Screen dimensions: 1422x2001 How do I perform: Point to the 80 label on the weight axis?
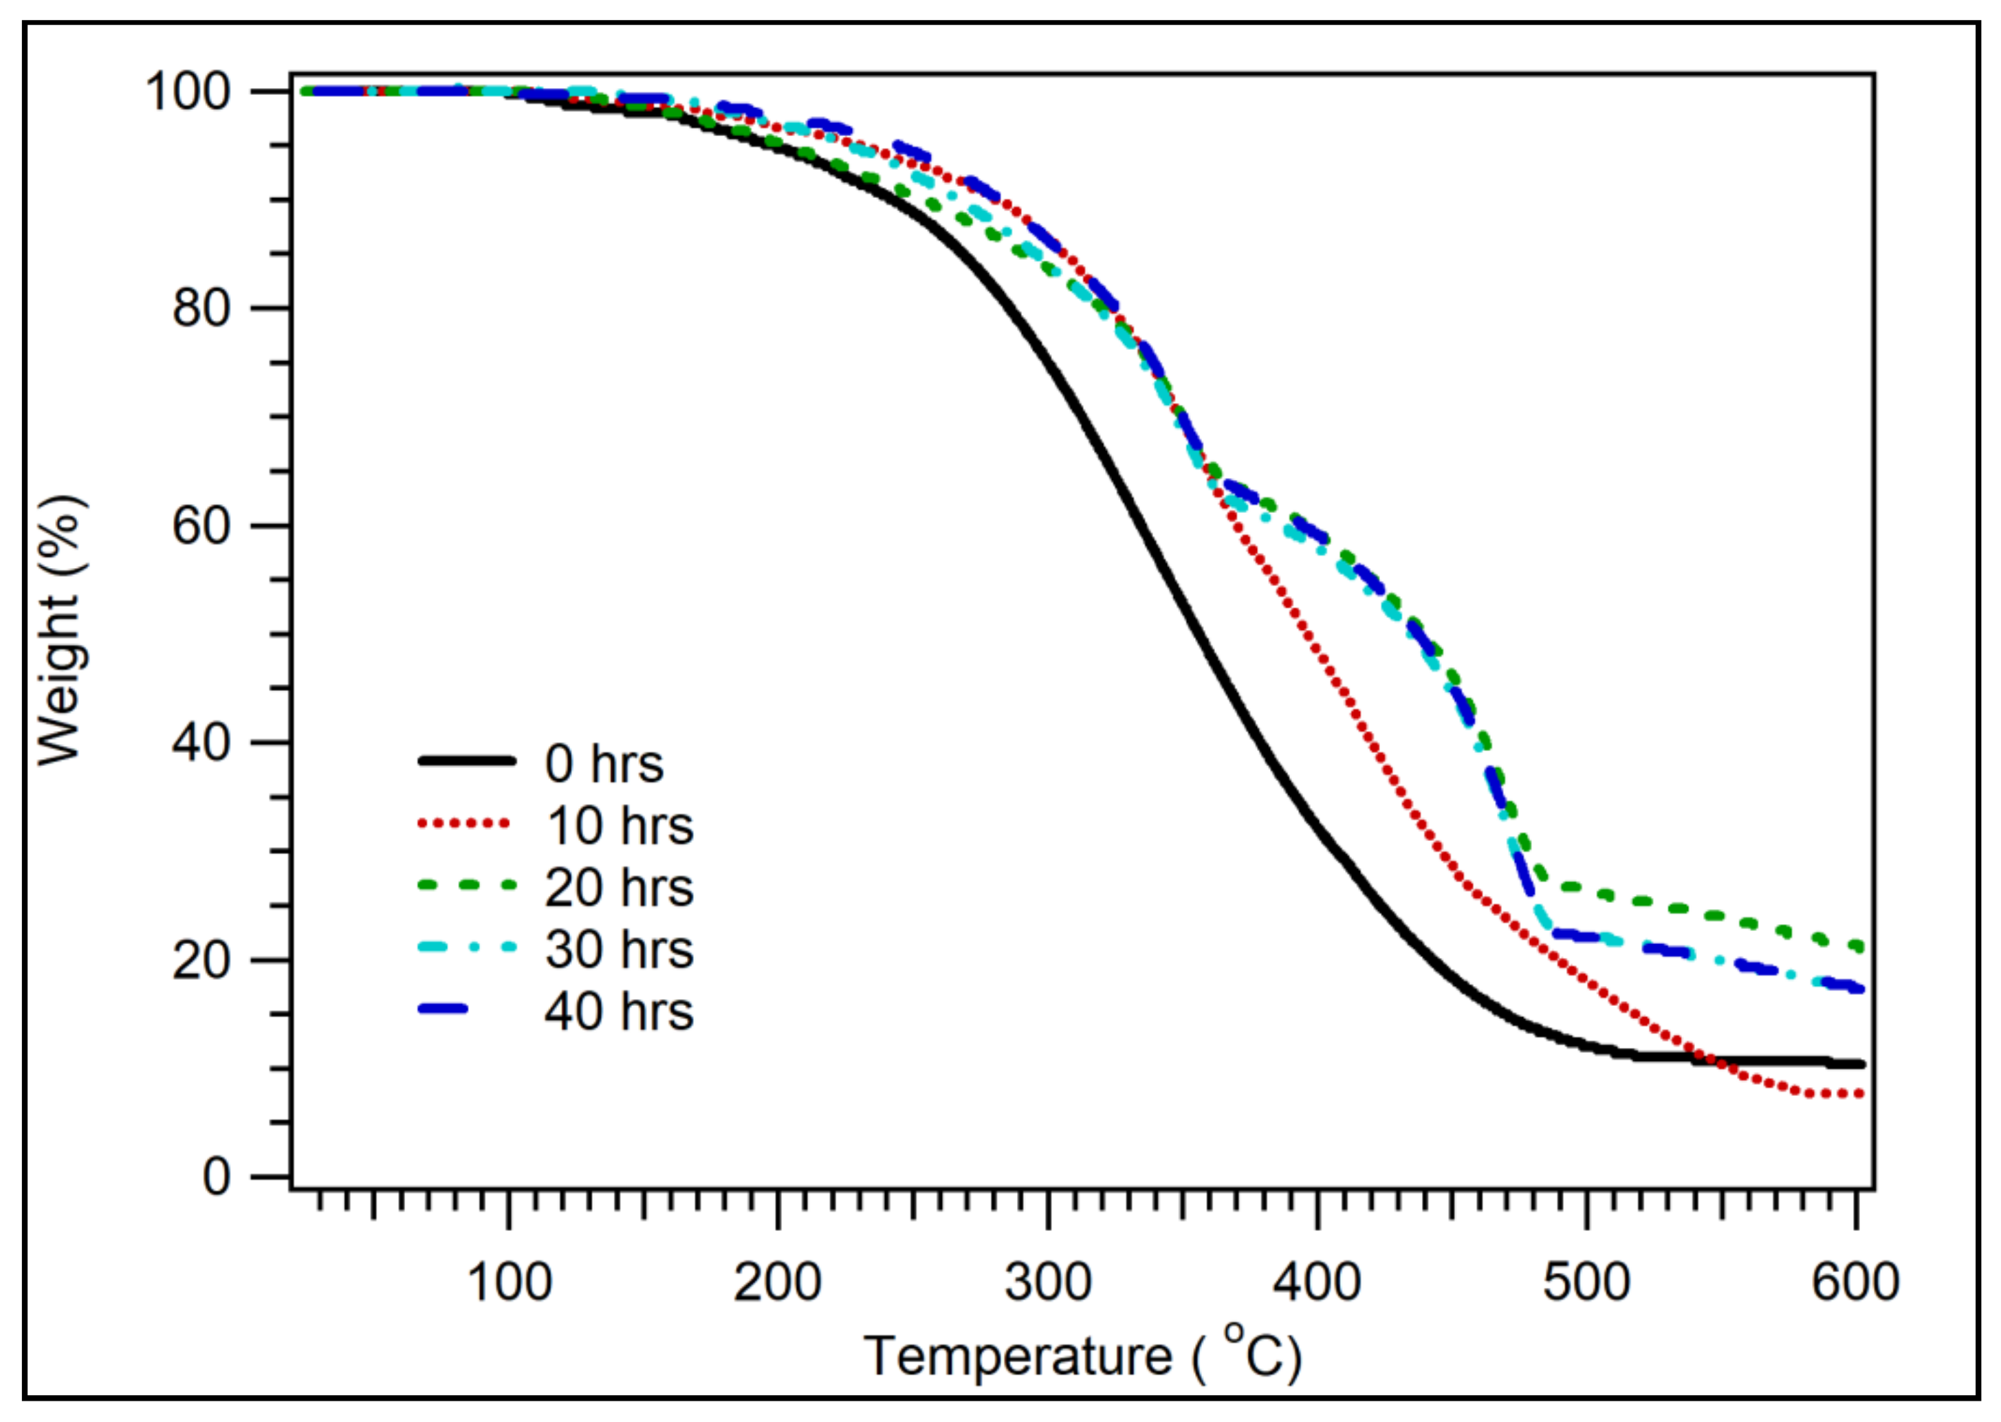click(201, 308)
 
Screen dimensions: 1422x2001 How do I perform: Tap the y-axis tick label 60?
click(201, 525)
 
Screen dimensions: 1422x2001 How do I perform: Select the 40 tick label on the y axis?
click(201, 743)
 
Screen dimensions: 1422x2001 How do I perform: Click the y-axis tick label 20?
click(201, 960)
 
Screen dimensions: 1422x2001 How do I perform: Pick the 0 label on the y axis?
click(217, 1177)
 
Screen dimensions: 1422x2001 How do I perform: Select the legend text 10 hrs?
click(619, 826)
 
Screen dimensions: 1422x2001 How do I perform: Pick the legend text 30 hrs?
click(619, 949)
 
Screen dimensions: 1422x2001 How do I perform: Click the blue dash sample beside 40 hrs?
click(445, 1009)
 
